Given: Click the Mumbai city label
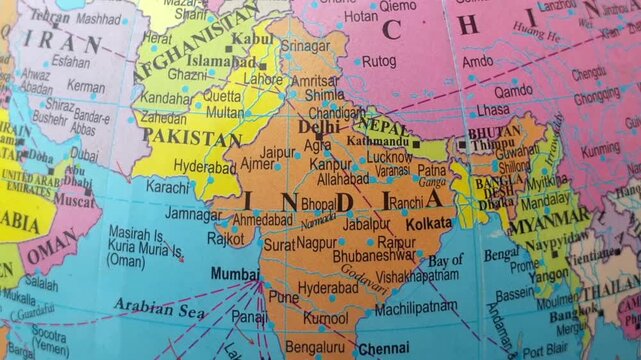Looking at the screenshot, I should (235, 272).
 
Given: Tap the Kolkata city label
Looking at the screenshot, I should (428, 223).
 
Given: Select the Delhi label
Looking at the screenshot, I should (318, 127).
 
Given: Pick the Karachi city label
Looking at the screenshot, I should (167, 187).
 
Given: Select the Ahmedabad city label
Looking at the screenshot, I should (262, 219).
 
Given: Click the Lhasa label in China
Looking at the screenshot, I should (492, 110).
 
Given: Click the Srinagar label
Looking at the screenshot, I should (304, 46).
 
